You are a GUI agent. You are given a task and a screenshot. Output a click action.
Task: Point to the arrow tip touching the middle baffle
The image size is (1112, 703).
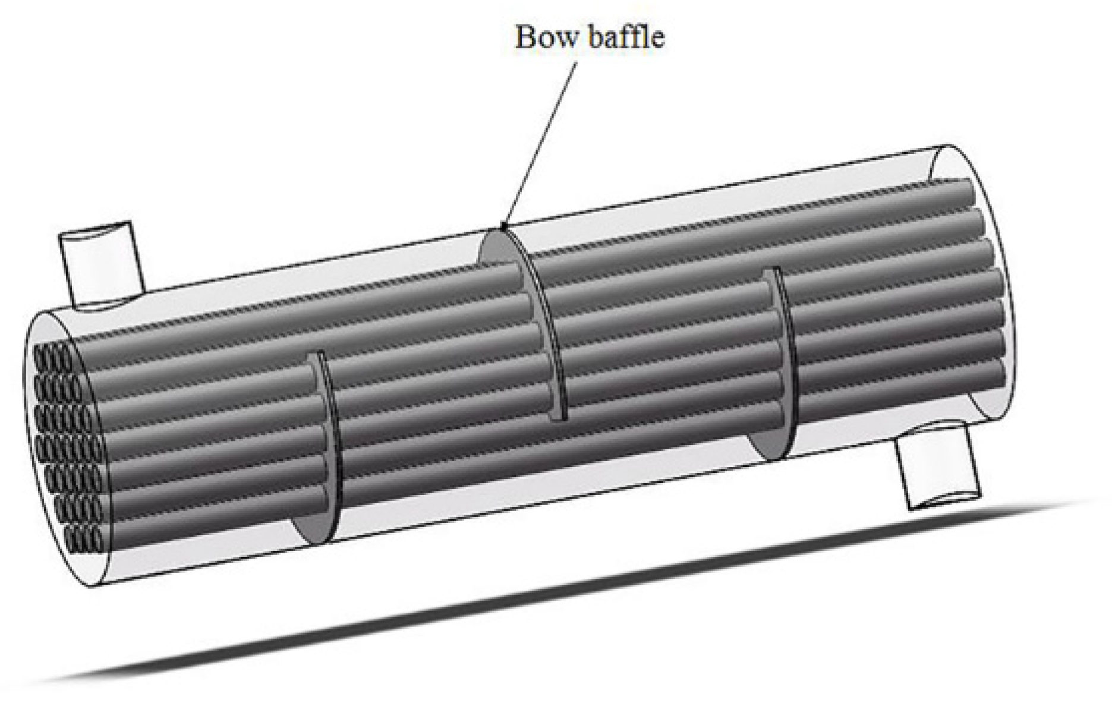pos(503,226)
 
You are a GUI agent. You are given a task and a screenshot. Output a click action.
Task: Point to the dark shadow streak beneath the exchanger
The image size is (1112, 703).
pos(535,600)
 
